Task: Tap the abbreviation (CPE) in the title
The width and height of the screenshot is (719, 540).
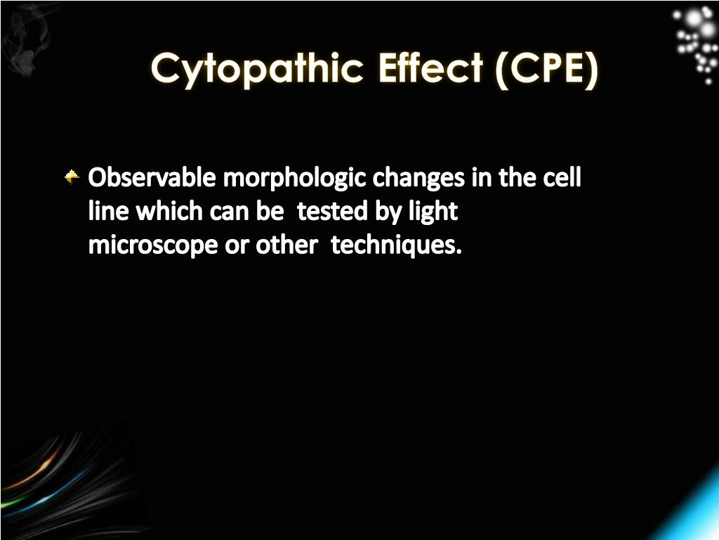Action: [x=547, y=70]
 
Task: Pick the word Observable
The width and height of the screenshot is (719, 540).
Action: [x=152, y=179]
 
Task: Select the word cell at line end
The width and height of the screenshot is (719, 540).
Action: [x=562, y=179]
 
